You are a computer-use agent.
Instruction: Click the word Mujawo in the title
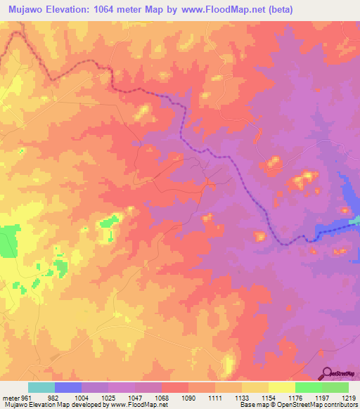pyautogui.click(x=25, y=10)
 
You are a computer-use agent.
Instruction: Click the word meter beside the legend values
pyautogui.click(x=10, y=398)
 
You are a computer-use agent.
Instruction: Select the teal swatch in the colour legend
pyautogui.click(x=41, y=387)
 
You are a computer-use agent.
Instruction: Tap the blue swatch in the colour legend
pyautogui.click(x=68, y=387)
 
